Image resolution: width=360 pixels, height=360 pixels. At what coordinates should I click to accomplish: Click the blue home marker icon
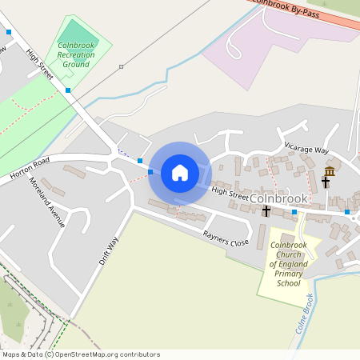[180, 173]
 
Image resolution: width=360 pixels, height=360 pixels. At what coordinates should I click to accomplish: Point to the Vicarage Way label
[306, 150]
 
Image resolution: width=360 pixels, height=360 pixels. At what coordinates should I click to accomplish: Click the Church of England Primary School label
[289, 264]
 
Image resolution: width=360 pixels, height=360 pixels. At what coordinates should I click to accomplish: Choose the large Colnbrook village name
[278, 198]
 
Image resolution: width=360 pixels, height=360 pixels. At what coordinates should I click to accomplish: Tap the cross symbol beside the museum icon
[326, 182]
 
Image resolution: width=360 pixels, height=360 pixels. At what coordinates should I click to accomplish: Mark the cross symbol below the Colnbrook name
[266, 211]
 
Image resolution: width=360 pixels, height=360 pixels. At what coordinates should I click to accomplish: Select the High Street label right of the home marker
[230, 192]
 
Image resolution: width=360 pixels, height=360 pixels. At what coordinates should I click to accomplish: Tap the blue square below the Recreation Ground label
[69, 90]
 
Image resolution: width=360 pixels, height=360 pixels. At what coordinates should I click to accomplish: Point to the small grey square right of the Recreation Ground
[121, 66]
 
